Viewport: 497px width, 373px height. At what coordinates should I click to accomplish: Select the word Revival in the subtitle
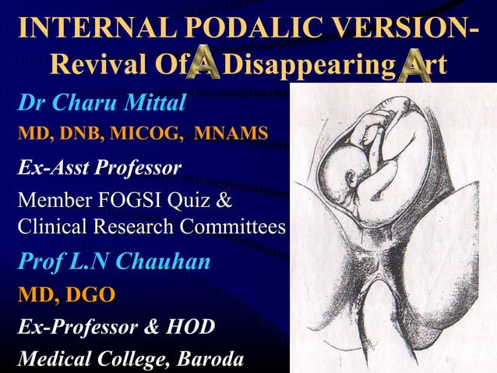point(96,67)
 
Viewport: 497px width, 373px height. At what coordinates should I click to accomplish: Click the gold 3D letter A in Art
point(414,67)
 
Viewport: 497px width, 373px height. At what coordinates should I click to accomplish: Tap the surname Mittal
point(148,102)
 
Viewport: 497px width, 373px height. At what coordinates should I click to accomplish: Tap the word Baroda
point(206,360)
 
